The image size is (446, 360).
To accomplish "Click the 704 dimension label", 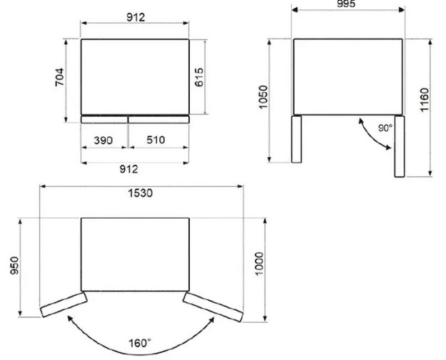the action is [60, 77].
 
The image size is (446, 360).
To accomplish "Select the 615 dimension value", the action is [199, 77].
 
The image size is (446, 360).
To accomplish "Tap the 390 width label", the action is [103, 140].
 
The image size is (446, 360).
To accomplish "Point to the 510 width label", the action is [156, 140].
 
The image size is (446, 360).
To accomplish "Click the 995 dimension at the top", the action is [346, 4].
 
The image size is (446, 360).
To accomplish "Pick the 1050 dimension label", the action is [263, 97].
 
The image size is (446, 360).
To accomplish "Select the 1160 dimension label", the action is [424, 100].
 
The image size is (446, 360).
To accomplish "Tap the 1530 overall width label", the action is [141, 193].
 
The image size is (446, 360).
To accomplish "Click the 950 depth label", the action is [14, 266].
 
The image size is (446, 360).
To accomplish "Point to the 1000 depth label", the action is [260, 264].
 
